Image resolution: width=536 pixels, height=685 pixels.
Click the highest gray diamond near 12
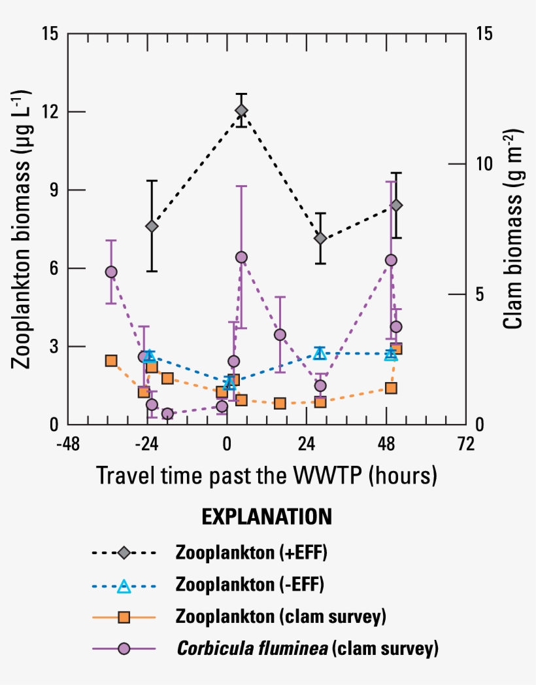click(x=241, y=110)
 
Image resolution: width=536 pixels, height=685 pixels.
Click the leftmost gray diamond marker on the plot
click(x=152, y=226)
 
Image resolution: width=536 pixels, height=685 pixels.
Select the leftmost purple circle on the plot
click(x=111, y=272)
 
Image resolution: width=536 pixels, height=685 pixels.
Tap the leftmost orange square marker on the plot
click(x=111, y=360)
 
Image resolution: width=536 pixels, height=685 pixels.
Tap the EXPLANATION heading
click(x=267, y=516)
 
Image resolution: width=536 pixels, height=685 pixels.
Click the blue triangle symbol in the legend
click(x=124, y=586)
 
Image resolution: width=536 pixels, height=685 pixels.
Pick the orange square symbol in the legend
click(x=124, y=617)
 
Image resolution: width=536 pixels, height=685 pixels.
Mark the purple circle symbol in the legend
click(x=124, y=649)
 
